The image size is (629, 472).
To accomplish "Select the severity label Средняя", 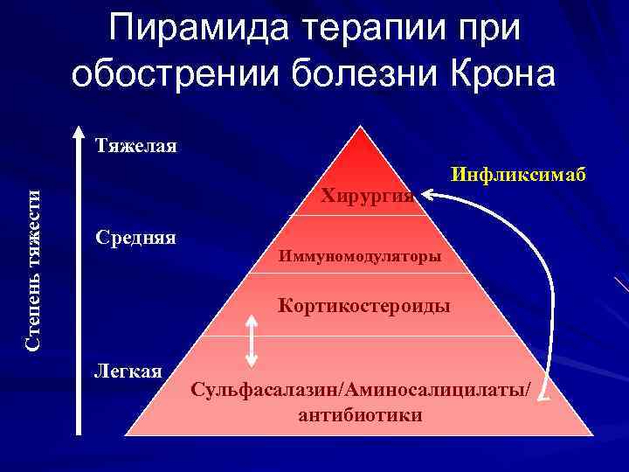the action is click(135, 237).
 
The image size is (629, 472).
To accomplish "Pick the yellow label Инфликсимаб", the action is click(516, 174).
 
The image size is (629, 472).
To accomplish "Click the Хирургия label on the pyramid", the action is click(367, 195).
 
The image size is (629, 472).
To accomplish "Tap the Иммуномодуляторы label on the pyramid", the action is click(360, 257).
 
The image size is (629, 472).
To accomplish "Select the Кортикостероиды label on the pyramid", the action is click(364, 306).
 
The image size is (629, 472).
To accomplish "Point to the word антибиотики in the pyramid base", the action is click(360, 414).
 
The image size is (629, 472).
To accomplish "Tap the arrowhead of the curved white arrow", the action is click(432, 200).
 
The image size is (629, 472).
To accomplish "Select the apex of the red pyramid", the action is click(358, 128).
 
